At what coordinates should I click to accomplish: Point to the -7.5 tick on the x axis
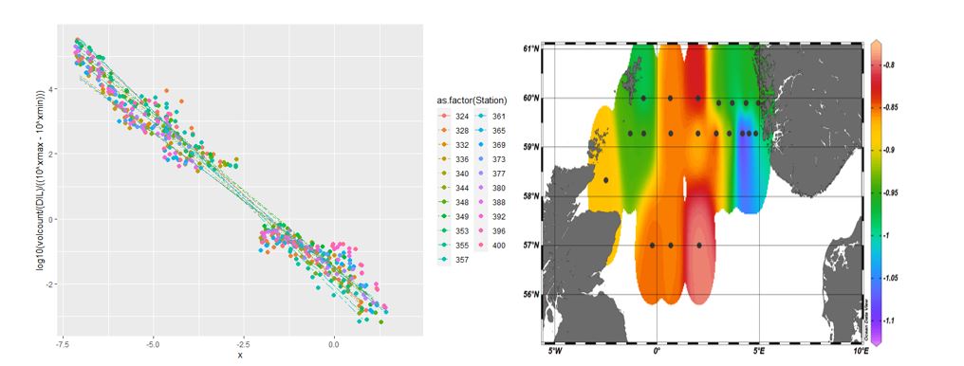pos(61,346)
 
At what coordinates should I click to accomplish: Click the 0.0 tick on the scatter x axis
pos(333,346)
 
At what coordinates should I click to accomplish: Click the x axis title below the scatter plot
pos(239,357)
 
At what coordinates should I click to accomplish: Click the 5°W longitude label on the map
pos(556,351)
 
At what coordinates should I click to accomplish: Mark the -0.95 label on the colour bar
pos(897,192)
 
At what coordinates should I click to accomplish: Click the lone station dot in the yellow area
pos(606,179)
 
